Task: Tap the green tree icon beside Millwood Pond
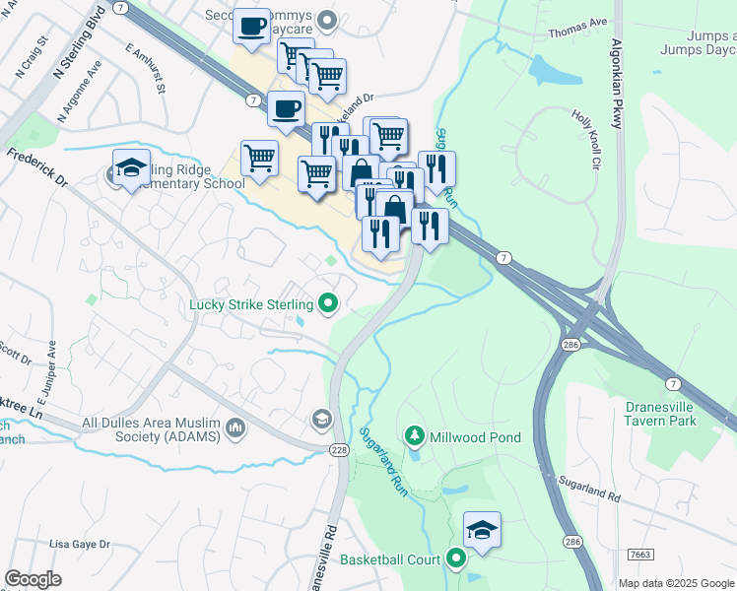point(415,435)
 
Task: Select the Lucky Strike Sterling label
point(252,304)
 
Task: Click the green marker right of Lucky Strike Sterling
point(329,304)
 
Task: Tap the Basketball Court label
point(390,559)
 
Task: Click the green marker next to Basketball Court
point(455,559)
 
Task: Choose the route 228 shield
point(337,447)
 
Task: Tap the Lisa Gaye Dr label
point(80,544)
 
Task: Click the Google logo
point(33,579)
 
